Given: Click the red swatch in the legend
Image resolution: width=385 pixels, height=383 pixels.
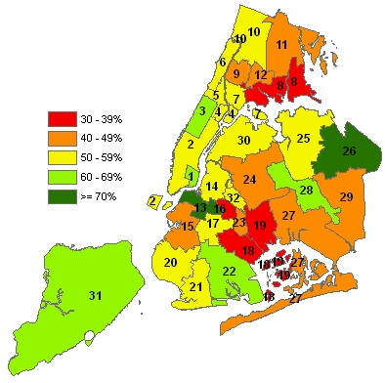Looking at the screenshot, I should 62,118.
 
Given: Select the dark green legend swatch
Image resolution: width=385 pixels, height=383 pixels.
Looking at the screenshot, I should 62,181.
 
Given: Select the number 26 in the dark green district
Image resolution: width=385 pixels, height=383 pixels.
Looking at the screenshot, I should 349,151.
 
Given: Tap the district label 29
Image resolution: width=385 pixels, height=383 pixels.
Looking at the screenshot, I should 345,197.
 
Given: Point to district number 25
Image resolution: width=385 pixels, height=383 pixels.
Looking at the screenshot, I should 303,139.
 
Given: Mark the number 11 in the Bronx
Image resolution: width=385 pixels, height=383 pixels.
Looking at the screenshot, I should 281,45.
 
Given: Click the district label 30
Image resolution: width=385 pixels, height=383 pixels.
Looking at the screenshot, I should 244,141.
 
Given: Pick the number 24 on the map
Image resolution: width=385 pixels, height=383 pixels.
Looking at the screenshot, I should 250,180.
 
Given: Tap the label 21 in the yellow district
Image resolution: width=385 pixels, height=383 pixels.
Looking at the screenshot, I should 195,286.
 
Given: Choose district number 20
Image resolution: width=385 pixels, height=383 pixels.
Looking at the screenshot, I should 170,262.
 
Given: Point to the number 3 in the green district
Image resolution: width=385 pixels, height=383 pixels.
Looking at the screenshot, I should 201,110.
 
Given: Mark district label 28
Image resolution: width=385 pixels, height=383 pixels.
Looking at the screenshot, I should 306,190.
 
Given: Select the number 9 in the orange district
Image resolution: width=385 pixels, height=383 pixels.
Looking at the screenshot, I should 235,73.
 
